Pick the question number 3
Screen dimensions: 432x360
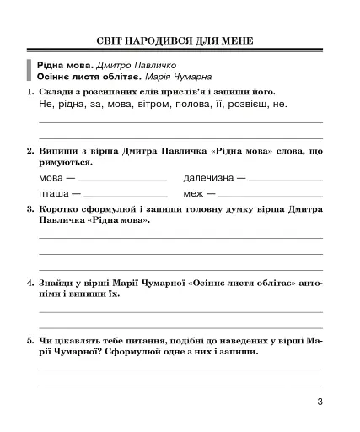(30, 208)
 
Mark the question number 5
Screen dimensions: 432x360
(30, 341)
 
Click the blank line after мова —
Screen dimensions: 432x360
(122, 180)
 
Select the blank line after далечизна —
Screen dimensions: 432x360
(286, 180)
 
